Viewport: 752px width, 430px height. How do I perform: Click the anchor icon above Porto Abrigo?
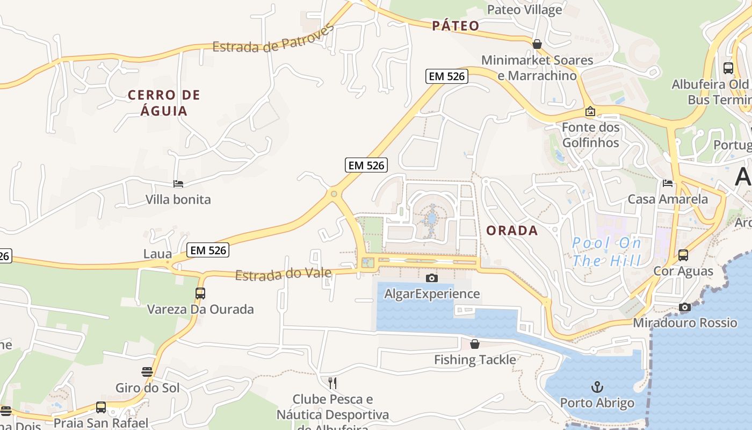(597, 387)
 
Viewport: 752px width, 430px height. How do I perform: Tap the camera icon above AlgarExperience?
(431, 278)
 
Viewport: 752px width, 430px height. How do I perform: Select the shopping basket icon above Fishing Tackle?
(475, 344)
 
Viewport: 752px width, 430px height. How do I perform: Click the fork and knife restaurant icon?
(332, 383)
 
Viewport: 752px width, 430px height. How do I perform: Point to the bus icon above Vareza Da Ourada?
(200, 293)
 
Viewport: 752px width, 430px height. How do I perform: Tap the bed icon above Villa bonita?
(178, 184)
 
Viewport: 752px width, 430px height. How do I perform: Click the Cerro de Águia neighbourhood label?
(164, 103)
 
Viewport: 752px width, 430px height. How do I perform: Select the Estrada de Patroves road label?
(273, 40)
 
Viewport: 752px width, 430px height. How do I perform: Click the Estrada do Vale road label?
(283, 274)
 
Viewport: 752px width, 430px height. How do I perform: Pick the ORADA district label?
(512, 231)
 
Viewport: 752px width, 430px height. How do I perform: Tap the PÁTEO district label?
(455, 26)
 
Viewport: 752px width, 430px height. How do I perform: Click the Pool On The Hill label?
(606, 252)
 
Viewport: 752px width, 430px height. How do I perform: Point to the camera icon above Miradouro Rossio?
(685, 307)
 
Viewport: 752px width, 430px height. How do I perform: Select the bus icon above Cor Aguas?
(683, 255)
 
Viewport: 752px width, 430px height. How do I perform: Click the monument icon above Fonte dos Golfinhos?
(590, 112)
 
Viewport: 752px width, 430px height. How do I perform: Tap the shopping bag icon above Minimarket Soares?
(537, 44)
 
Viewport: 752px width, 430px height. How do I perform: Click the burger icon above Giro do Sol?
(147, 372)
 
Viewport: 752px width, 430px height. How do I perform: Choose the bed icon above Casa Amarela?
(668, 183)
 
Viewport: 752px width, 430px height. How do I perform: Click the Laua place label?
(158, 254)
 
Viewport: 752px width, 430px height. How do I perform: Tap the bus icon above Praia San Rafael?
(101, 407)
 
